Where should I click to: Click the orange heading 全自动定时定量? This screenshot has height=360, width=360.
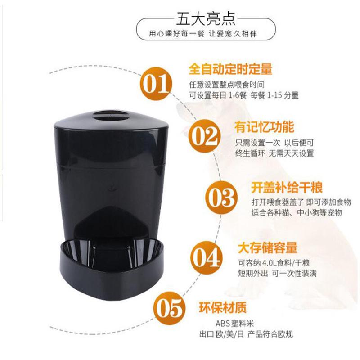pyautogui.click(x=231, y=70)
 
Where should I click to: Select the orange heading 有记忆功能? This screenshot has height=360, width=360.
pyautogui.click(x=259, y=125)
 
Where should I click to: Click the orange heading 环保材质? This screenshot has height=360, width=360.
pyautogui.click(x=229, y=308)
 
